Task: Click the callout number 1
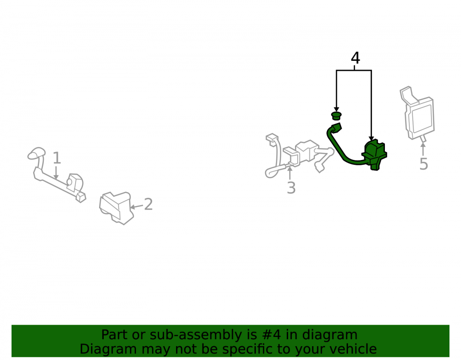coord(57,158)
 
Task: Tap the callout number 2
coord(148,204)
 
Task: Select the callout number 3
coord(291,188)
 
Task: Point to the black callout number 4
coord(355,58)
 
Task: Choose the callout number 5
coord(423,164)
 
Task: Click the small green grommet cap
coord(337,116)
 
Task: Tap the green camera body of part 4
coord(374,155)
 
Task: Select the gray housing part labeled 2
coord(116,208)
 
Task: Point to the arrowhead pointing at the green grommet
coord(337,110)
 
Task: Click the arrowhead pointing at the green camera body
coord(371,138)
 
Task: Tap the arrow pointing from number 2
coord(136,207)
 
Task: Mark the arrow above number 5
coord(423,149)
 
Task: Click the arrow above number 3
coord(290,173)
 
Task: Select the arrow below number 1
coord(56,172)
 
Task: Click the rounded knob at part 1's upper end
coord(37,153)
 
